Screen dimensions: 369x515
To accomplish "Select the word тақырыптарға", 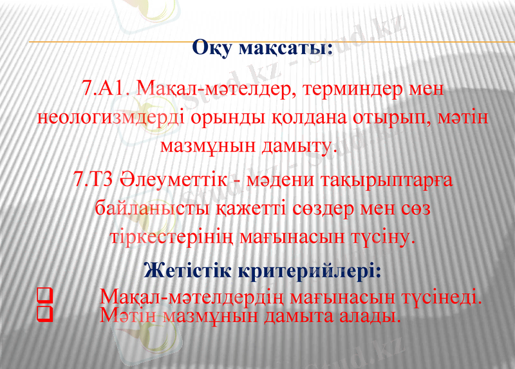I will (x=379, y=180).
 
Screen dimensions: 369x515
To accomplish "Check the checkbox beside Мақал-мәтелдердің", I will (x=44, y=298).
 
